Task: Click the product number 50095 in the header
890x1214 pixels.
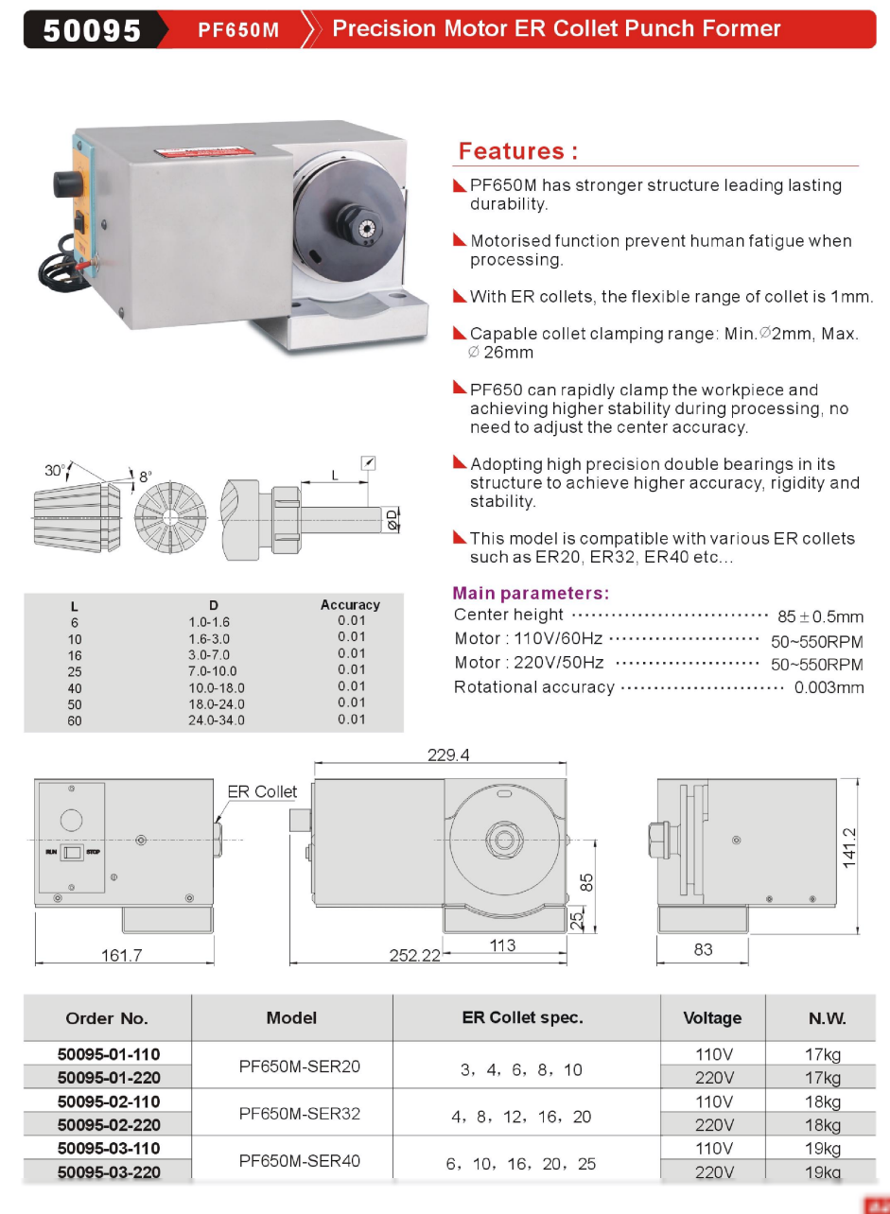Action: [x=92, y=30]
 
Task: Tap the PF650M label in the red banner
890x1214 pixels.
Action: [x=238, y=30]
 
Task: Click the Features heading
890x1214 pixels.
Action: [x=517, y=151]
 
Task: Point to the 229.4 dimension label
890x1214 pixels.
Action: [x=448, y=754]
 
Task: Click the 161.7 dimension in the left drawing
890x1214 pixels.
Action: [x=121, y=955]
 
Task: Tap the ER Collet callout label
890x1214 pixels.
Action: [x=262, y=791]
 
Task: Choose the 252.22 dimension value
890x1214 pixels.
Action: [x=415, y=955]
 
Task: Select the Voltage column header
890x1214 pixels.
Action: [x=712, y=1018]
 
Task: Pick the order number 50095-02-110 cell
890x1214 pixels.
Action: [x=108, y=1101]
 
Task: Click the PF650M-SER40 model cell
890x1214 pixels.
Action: [x=299, y=1160]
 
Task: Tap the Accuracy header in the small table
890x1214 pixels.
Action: [x=350, y=605]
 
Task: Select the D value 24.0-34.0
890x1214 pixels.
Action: [x=216, y=720]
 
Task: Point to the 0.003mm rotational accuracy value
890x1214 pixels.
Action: [x=829, y=687]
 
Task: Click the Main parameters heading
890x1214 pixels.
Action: [x=531, y=594]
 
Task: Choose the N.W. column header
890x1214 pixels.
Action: [x=827, y=1018]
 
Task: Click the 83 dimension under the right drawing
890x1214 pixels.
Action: [x=703, y=949]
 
